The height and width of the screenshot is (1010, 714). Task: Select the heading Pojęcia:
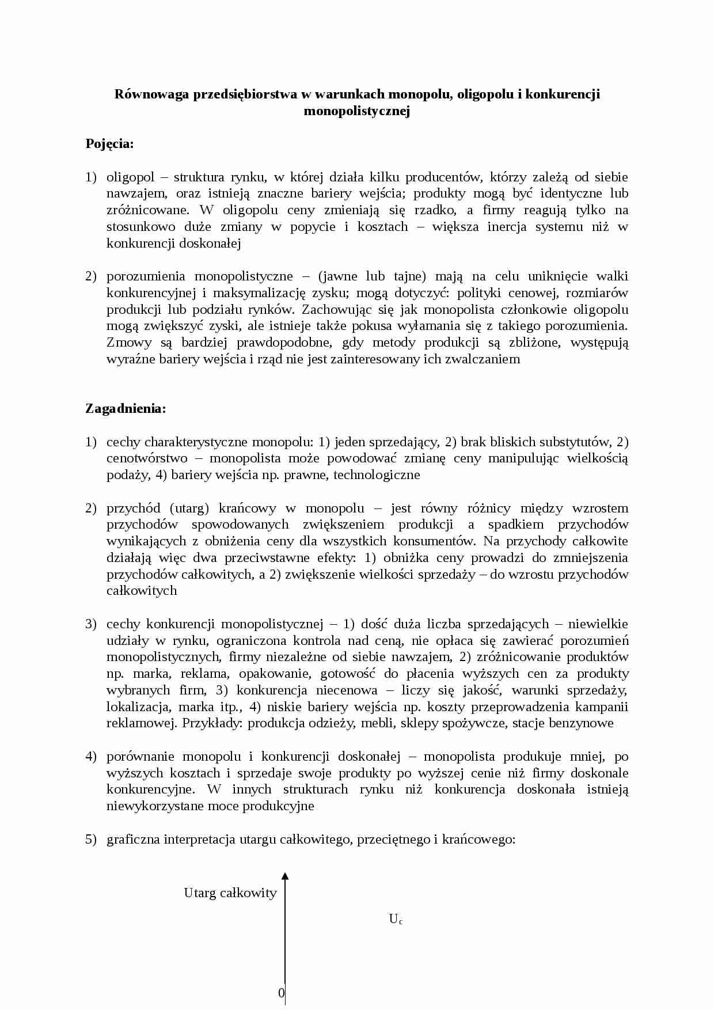click(109, 144)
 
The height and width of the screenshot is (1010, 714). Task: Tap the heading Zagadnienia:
click(126, 409)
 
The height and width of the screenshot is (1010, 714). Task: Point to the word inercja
click(507, 227)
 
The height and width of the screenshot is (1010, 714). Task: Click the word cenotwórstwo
click(147, 459)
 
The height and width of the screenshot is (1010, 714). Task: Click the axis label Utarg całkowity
click(230, 893)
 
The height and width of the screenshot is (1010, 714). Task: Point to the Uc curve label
click(396, 919)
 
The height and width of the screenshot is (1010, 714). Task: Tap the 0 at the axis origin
click(281, 993)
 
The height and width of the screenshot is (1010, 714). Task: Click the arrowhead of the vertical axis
click(285, 877)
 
